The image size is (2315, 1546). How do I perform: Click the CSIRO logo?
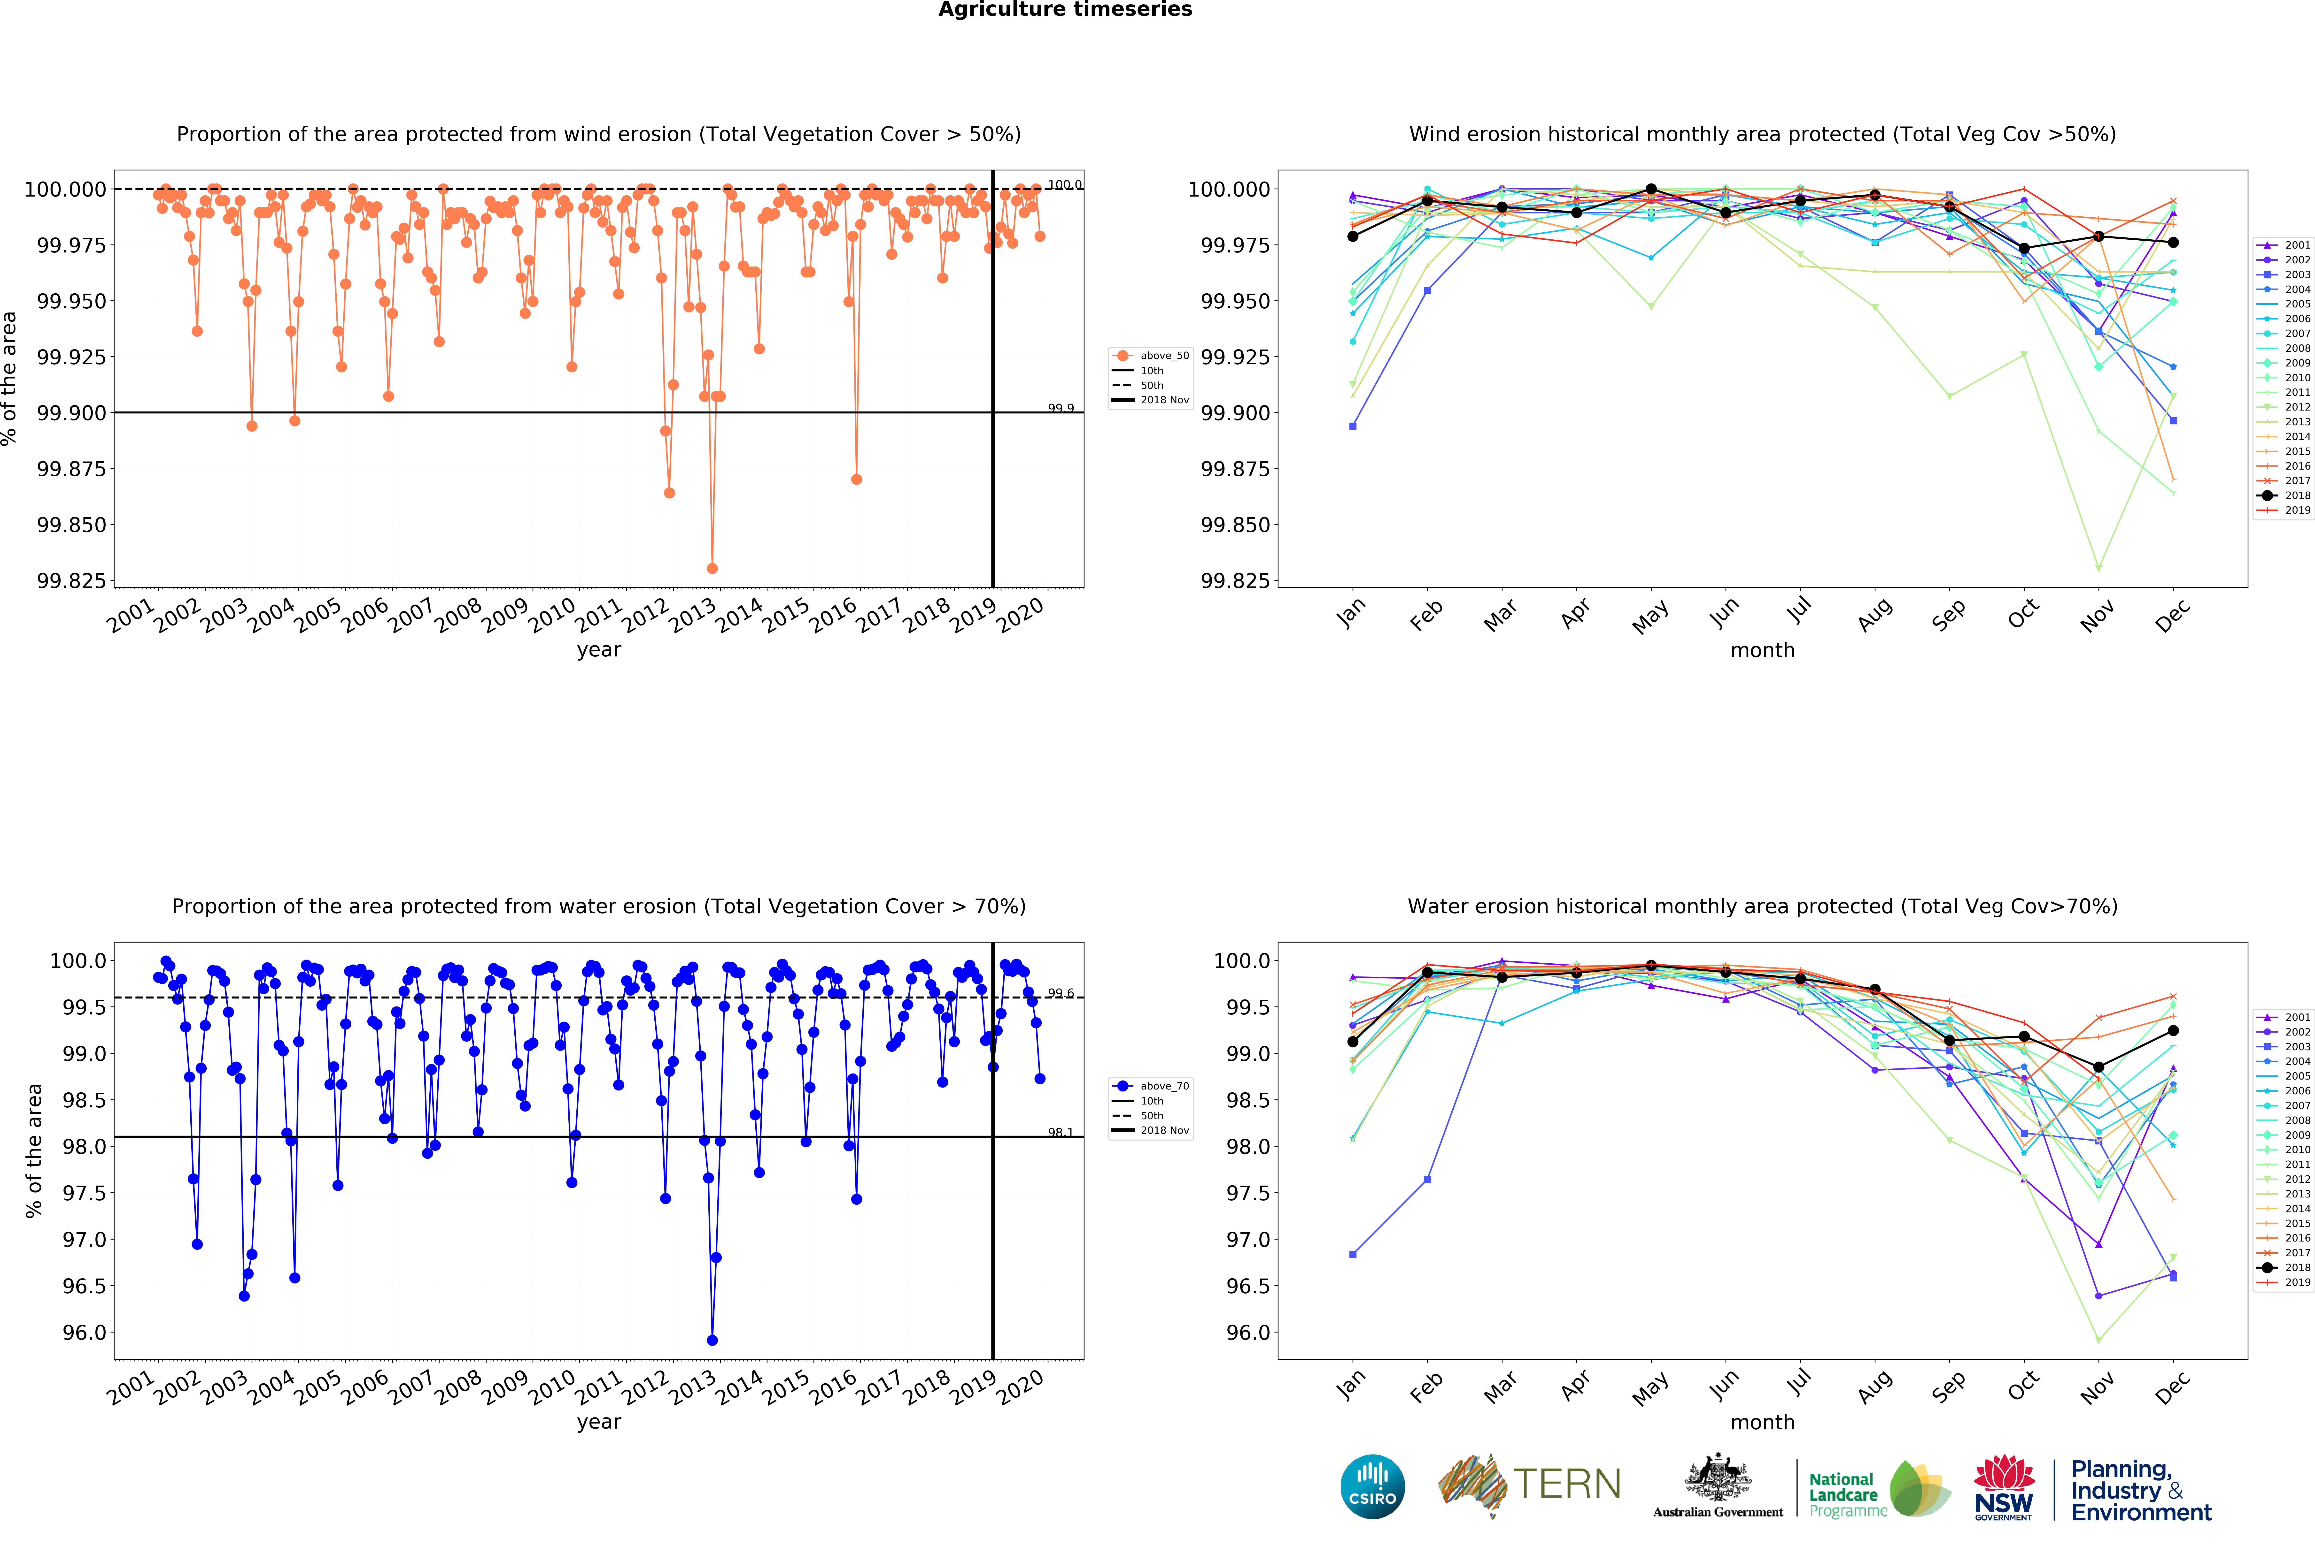(1372, 1486)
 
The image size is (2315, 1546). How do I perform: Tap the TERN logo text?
(1566, 1484)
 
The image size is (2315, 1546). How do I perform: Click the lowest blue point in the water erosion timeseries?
(712, 1340)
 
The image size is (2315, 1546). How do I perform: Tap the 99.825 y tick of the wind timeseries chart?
(71, 581)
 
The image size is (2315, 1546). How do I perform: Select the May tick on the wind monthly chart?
(1650, 616)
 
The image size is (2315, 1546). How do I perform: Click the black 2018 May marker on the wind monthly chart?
(1651, 189)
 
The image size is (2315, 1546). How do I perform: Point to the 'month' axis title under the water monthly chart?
(1762, 1422)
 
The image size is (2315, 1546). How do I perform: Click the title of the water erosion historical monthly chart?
(1762, 906)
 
